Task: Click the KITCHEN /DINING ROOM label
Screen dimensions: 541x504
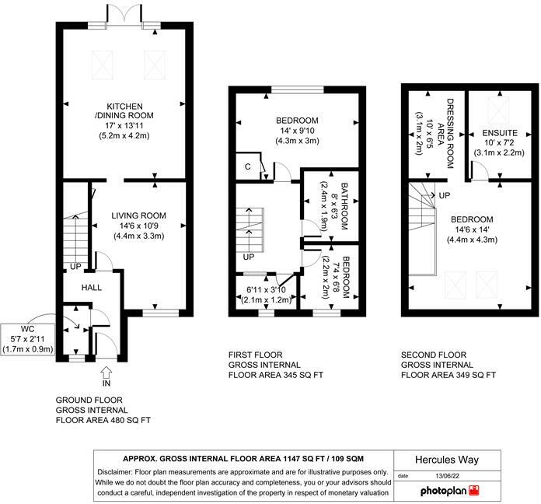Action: [x=124, y=110]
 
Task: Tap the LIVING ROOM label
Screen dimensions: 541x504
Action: [x=138, y=215]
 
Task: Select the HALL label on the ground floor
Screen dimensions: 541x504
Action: [x=92, y=288]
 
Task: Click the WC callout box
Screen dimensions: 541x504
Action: [x=28, y=339]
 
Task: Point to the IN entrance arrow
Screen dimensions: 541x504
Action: [x=106, y=372]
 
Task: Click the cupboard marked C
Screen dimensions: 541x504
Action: [x=248, y=166]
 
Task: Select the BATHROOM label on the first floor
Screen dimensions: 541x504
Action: [x=344, y=206]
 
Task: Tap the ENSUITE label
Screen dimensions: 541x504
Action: [x=500, y=133]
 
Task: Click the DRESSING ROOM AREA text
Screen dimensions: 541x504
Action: [x=445, y=134]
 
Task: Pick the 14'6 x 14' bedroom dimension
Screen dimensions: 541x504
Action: [x=472, y=229]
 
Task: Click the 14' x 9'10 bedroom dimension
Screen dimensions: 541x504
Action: [x=297, y=131]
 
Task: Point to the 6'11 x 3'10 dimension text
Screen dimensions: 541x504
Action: [x=266, y=290]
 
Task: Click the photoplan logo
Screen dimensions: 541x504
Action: [x=450, y=491]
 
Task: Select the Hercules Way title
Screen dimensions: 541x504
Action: [x=447, y=460]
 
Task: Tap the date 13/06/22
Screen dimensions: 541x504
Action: [x=448, y=476]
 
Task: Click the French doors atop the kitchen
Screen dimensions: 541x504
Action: [x=124, y=15]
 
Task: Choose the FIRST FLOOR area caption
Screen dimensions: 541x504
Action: [x=276, y=365]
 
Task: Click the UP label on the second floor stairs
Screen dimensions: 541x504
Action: [x=445, y=196]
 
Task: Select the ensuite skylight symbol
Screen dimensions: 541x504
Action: [x=498, y=108]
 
